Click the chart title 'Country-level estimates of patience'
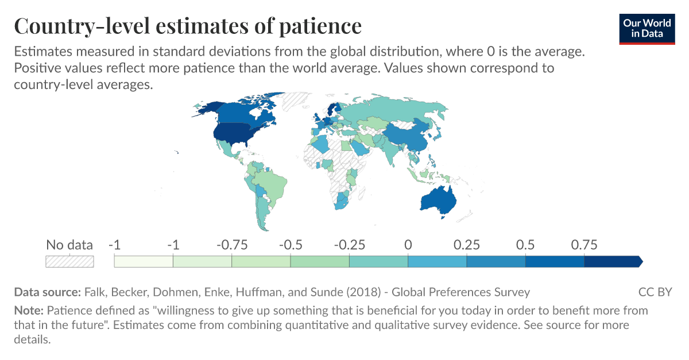point(188,26)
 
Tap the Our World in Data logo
point(647,28)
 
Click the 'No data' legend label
point(69,245)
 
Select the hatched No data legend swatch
point(69,261)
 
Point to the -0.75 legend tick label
point(231,245)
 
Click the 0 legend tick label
point(408,245)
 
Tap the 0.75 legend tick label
point(584,245)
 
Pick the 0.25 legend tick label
point(466,245)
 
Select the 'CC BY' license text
point(655,292)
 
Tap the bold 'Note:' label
point(29,311)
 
